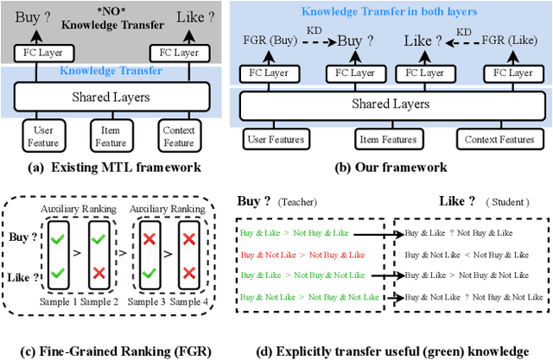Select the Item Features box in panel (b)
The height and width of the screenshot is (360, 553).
click(x=387, y=138)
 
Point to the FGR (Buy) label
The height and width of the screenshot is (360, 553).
click(x=267, y=40)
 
